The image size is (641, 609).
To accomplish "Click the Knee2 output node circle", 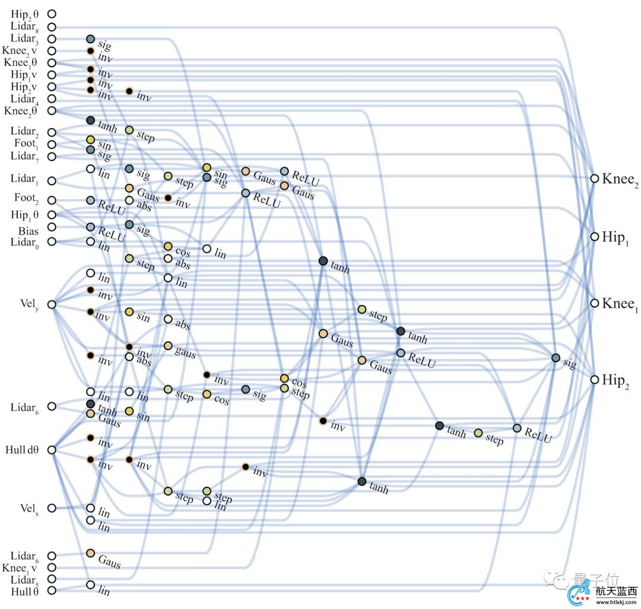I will click(x=594, y=178).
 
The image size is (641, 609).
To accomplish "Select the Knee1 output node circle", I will click(x=594, y=303).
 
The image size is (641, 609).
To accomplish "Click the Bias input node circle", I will click(x=52, y=227).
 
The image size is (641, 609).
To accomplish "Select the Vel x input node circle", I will click(x=52, y=507).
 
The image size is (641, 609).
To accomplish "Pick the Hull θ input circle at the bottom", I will click(x=52, y=591).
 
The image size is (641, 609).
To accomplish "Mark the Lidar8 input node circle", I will click(x=52, y=27).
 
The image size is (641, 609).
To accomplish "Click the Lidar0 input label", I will click(x=26, y=242).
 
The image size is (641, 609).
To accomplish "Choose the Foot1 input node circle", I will click(x=52, y=144).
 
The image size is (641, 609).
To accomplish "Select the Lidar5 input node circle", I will click(x=52, y=579).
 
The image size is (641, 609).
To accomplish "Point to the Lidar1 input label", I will click(x=26, y=179).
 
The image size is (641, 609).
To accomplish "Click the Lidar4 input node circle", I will click(x=52, y=99).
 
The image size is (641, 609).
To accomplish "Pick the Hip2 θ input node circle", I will click(x=52, y=13).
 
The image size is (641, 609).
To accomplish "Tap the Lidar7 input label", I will click(x=26, y=156).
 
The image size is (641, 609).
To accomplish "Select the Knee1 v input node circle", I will click(x=52, y=567).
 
